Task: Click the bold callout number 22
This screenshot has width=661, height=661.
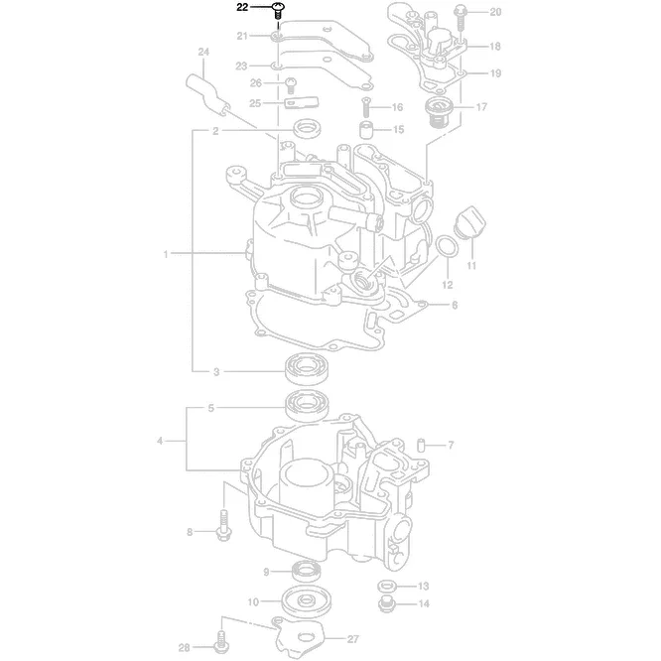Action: point(242,7)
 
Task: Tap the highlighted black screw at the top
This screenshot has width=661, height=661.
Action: point(278,10)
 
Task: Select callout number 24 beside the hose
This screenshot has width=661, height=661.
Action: point(203,52)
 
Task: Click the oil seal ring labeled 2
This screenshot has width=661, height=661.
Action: point(307,129)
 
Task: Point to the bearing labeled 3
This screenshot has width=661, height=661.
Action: point(307,370)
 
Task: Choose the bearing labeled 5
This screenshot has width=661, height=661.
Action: point(307,406)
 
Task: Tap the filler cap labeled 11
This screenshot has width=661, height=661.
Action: point(470,222)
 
